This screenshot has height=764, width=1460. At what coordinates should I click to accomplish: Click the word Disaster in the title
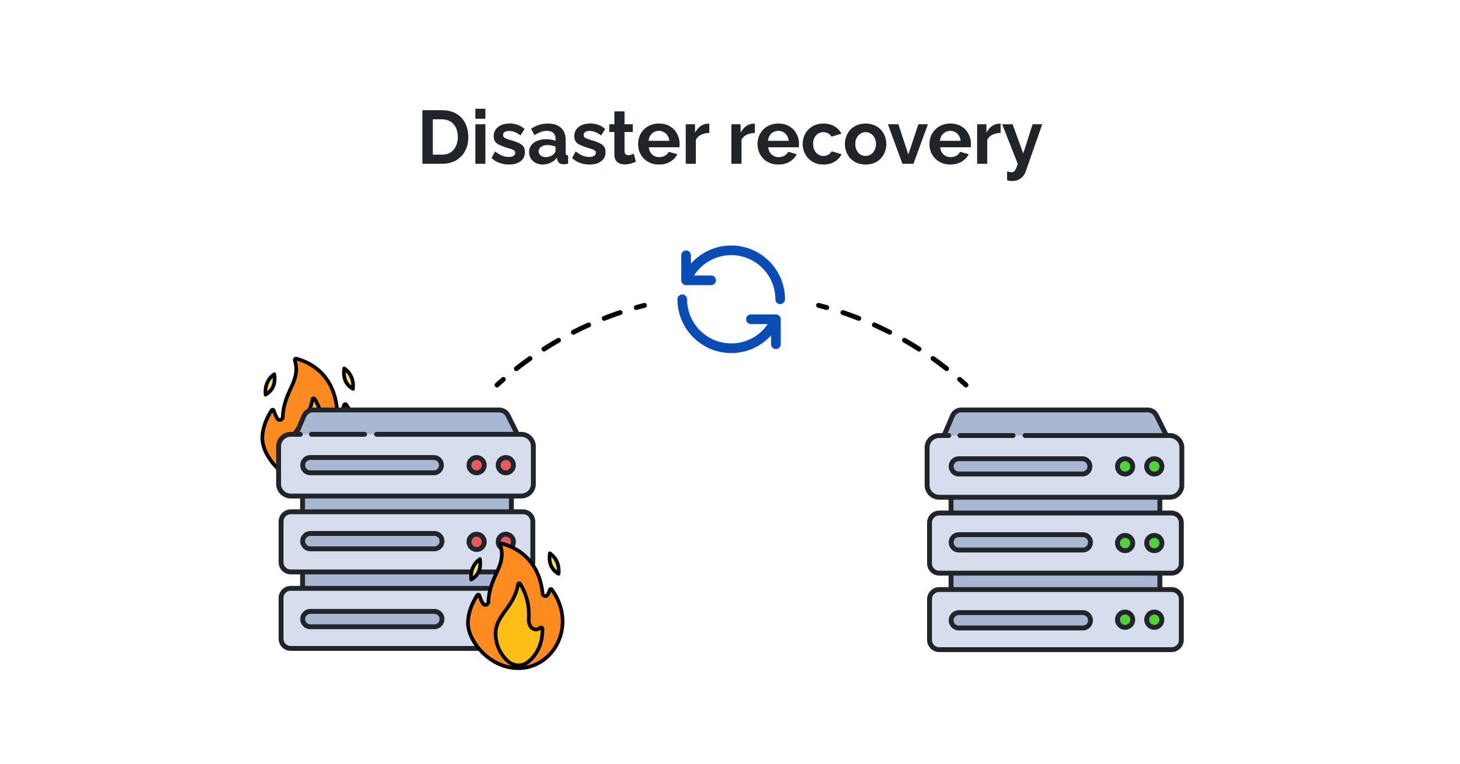tap(563, 139)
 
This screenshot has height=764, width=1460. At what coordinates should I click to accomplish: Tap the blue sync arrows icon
tap(731, 299)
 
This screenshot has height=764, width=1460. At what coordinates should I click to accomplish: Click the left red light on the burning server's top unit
tap(476, 465)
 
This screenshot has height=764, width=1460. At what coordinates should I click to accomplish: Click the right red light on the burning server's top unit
tap(506, 465)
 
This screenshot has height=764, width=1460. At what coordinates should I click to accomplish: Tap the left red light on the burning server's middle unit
tap(476, 541)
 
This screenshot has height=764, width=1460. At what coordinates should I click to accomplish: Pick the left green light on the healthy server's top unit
tap(1125, 467)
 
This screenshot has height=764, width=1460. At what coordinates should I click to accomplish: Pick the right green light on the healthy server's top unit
tap(1154, 467)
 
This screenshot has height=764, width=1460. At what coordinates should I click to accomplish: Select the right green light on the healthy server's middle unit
tap(1154, 543)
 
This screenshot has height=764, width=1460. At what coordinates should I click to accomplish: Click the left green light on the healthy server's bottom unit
tap(1125, 620)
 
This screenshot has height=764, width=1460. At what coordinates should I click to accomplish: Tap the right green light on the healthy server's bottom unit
tap(1154, 620)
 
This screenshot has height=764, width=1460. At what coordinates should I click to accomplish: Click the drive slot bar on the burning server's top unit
tap(372, 465)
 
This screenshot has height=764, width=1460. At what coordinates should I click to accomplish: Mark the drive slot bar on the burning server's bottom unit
tap(372, 619)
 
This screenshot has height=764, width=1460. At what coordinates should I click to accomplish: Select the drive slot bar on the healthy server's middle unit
tap(1020, 543)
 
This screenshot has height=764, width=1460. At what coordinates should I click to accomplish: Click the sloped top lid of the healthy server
tap(1055, 422)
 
